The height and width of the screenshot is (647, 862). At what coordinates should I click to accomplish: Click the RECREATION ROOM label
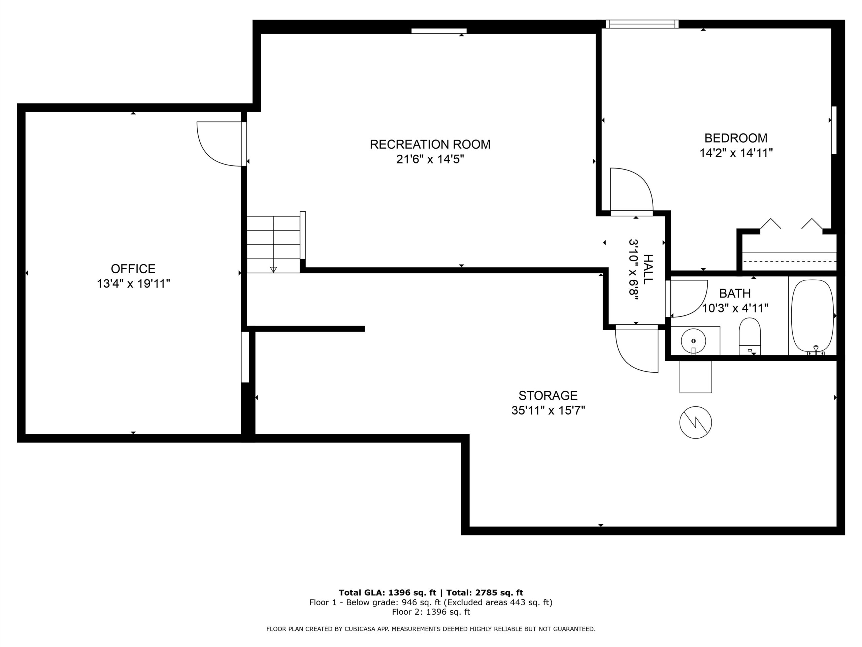[430, 144]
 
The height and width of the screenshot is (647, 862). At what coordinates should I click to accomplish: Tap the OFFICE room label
[133, 269]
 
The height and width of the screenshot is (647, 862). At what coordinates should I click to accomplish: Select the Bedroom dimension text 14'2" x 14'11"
[736, 153]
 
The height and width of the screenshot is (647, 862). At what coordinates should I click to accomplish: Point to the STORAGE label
[548, 396]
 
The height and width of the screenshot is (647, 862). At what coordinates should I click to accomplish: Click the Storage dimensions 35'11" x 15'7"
[548, 410]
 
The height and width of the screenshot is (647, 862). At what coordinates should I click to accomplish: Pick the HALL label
[648, 269]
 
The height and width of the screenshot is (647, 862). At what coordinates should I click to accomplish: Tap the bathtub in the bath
[813, 317]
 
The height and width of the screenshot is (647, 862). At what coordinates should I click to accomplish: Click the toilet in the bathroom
[750, 336]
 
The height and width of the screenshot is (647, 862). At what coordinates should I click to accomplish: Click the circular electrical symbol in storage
[696, 422]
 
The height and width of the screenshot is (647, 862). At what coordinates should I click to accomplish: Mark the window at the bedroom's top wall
[642, 24]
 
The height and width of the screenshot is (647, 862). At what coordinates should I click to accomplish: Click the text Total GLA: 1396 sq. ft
[387, 593]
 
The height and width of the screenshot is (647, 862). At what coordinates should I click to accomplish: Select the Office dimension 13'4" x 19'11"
[133, 283]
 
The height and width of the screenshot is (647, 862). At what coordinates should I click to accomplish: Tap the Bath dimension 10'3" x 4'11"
[735, 308]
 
